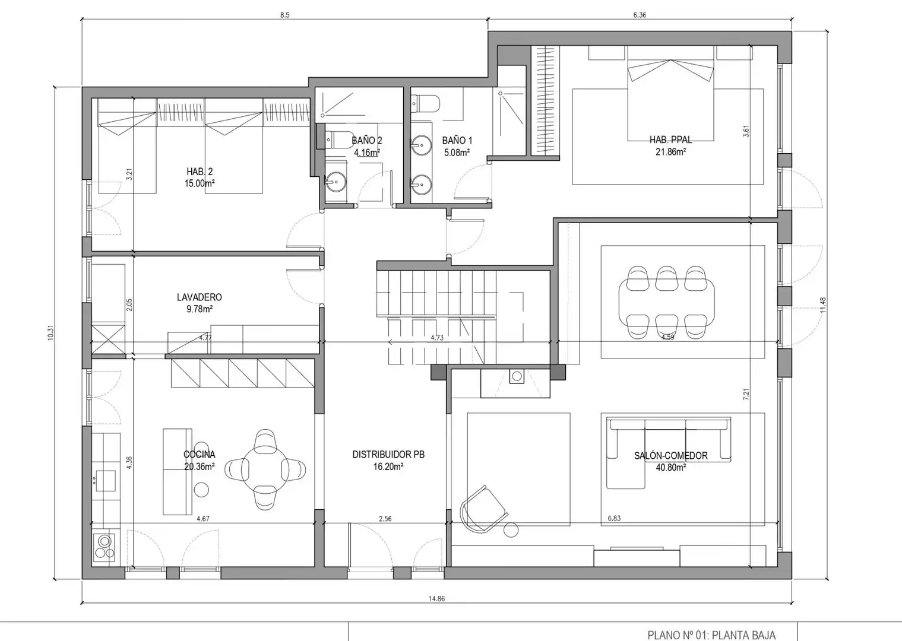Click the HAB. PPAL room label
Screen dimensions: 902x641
click(x=670, y=139)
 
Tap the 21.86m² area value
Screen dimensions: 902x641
click(x=670, y=152)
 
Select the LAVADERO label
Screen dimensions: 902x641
click(x=200, y=297)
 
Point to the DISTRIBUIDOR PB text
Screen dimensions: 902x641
click(x=388, y=454)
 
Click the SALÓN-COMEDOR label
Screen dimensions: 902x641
click(x=670, y=455)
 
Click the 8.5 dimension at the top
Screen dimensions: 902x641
click(x=284, y=15)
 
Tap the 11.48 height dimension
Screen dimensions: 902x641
click(x=822, y=304)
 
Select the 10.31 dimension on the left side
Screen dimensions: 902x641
click(x=50, y=332)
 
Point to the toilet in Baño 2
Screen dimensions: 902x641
click(x=337, y=139)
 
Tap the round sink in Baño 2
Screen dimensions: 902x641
click(x=336, y=182)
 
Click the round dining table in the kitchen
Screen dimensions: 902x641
click(x=265, y=469)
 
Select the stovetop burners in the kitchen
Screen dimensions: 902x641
click(x=105, y=547)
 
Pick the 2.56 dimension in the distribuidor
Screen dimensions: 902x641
click(x=385, y=519)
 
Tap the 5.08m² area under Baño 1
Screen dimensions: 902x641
click(x=457, y=153)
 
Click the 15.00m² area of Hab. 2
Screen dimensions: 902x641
click(x=200, y=183)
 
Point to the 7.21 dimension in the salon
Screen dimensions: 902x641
click(x=746, y=394)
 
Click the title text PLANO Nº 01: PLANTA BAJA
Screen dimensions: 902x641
click(x=711, y=635)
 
